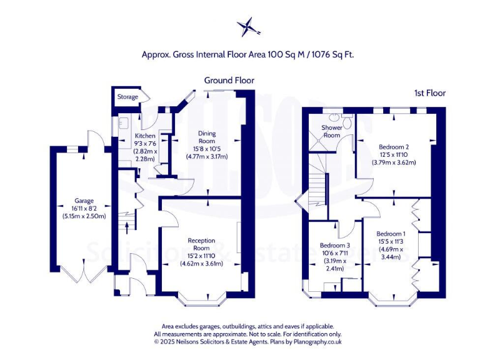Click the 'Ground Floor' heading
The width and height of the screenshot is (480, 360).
coord(229,80)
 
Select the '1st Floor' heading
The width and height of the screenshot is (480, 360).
coord(429,92)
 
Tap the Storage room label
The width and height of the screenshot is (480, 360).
coord(127,97)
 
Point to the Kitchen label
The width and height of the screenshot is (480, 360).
coord(145,136)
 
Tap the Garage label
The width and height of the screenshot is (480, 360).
coord(84,201)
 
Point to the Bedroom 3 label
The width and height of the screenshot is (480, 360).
coord(335,245)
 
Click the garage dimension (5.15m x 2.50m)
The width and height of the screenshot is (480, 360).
coord(84,216)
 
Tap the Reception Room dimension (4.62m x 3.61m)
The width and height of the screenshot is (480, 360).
coord(201,263)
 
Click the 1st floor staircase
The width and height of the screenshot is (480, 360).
coord(319,181)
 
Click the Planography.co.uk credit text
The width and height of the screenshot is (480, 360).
coord(310,342)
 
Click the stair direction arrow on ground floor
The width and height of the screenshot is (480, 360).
coord(129,224)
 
